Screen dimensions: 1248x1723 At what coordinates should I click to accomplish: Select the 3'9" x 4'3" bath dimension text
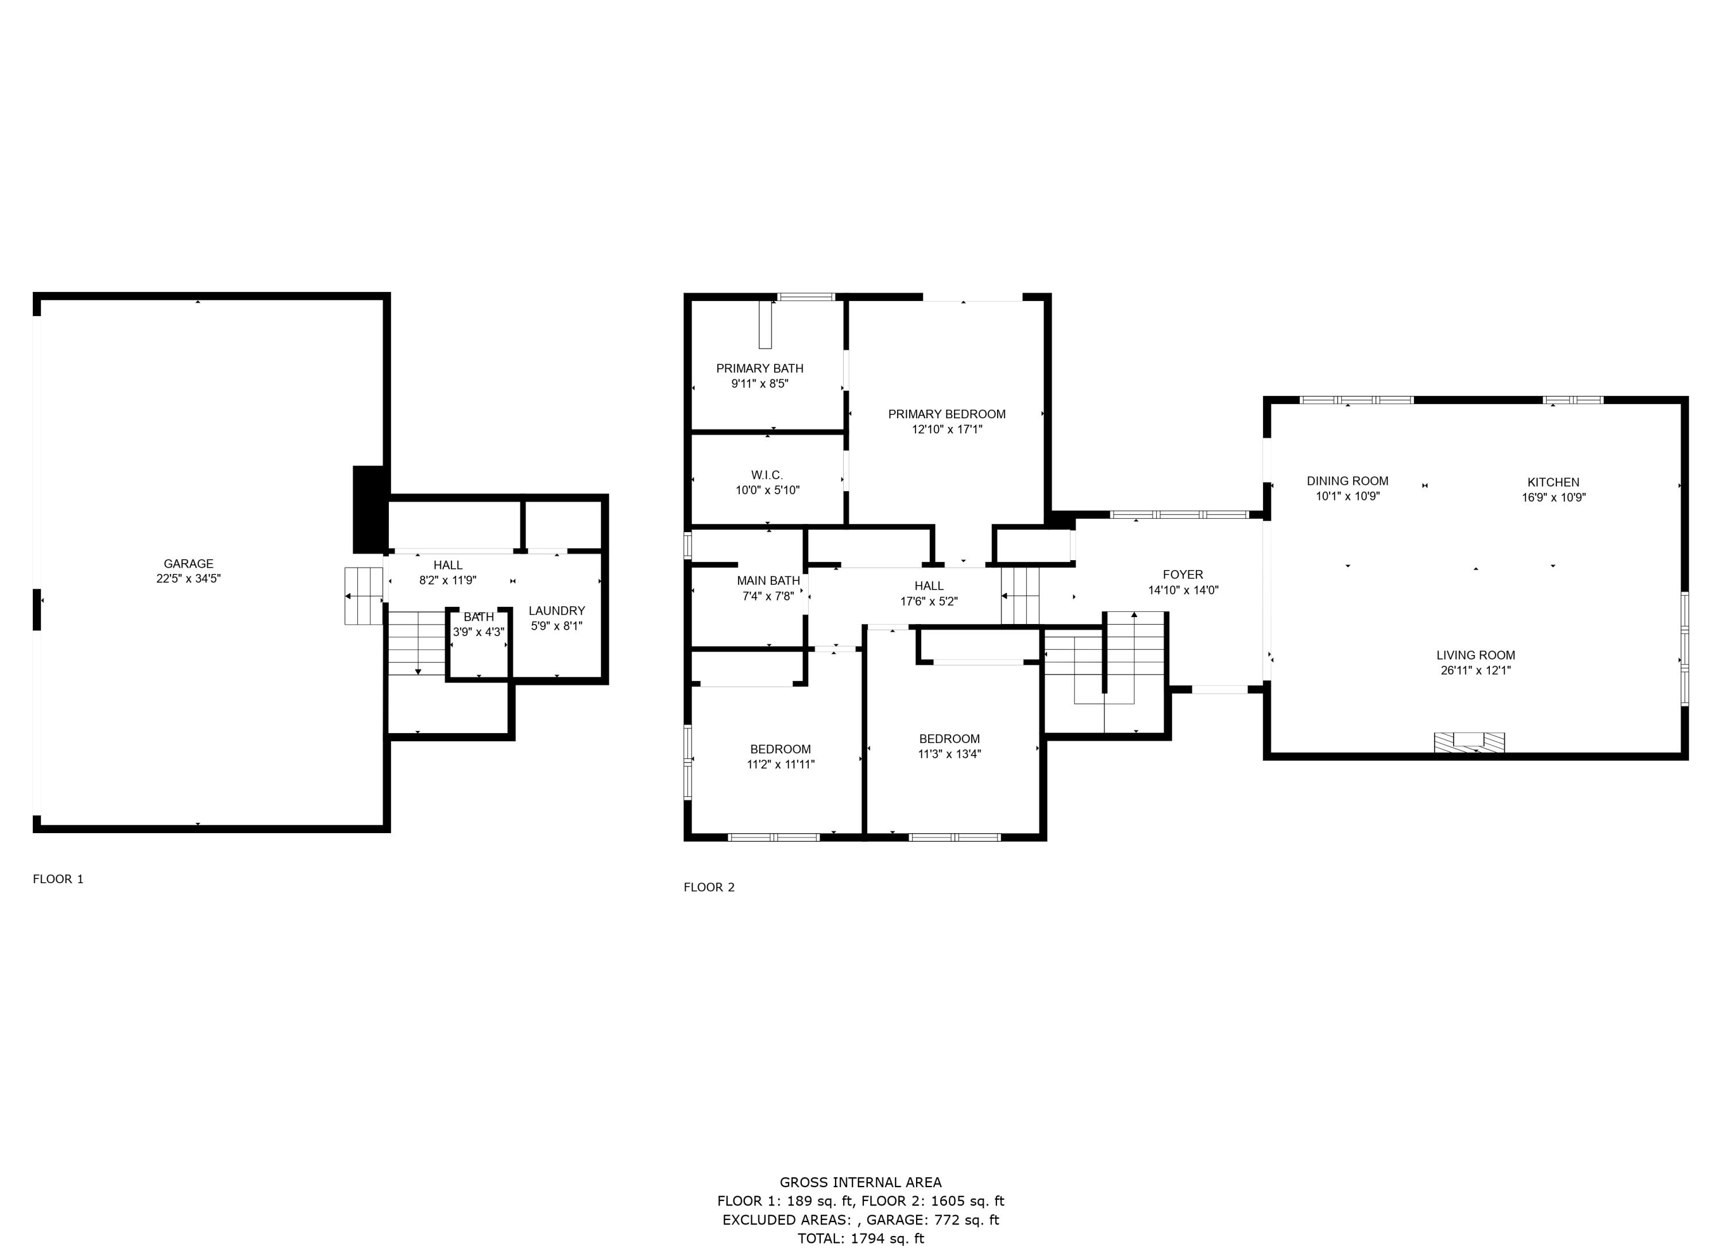click(x=478, y=631)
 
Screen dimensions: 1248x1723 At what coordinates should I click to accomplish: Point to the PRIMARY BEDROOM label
click(x=947, y=414)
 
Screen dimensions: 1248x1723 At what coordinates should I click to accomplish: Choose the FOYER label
click(x=1183, y=575)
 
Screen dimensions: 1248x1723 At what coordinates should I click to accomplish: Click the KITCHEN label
click(x=1554, y=482)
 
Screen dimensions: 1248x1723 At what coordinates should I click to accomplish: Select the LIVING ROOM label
click(x=1475, y=655)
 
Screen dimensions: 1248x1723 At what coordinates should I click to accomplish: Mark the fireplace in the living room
click(x=1469, y=742)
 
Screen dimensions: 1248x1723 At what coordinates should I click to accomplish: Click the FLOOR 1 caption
click(x=59, y=879)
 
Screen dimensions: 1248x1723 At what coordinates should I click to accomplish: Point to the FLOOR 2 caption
click(x=709, y=887)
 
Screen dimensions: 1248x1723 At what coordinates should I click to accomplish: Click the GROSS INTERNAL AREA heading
click(x=861, y=1182)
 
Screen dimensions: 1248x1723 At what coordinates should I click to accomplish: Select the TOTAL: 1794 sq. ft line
click(x=861, y=1239)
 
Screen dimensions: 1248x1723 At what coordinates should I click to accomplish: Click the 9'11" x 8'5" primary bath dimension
click(x=760, y=384)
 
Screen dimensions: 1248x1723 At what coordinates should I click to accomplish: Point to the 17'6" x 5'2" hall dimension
click(x=929, y=601)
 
